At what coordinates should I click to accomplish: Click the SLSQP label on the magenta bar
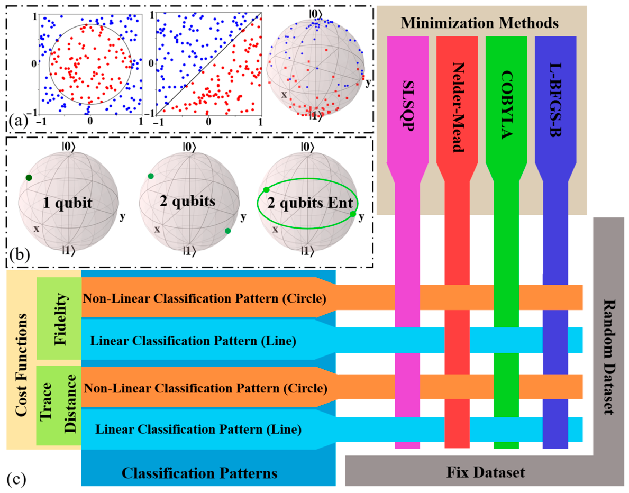pos(408,104)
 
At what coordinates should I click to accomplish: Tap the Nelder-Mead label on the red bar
pos(458,107)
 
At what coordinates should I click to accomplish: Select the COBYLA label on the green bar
pos(507,105)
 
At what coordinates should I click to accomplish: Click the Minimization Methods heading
pos(479,23)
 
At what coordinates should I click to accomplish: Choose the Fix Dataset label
pos(486,472)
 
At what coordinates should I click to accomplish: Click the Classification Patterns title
pos(199,473)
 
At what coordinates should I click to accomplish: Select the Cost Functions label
pos(21,364)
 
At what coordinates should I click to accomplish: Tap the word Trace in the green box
pos(46,401)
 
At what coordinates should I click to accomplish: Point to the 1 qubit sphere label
pos(67,203)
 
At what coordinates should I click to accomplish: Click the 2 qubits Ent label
pos(310,203)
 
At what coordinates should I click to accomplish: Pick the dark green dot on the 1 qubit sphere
pos(29,178)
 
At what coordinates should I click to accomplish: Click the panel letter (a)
pos(18,121)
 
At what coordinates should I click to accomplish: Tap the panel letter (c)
pos(16,479)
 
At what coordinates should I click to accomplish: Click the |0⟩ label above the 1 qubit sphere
pos(68,147)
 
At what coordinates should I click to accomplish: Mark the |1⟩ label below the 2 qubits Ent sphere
pos(306,251)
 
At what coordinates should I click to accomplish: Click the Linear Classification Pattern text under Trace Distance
pos(198,430)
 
